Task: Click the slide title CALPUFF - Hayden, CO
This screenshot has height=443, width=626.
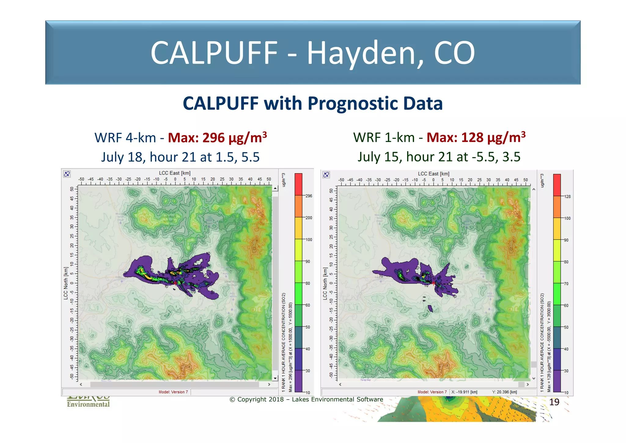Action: pos(313,53)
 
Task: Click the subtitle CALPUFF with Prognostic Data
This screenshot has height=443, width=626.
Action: pos(313,103)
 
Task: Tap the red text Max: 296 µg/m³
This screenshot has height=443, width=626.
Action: pos(217,138)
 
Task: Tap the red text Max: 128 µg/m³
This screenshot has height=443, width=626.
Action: pos(476,138)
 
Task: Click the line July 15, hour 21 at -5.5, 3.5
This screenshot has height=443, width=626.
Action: pos(439,157)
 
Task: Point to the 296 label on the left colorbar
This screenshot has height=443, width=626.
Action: pos(309,196)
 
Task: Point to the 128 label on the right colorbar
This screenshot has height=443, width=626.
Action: pos(567,197)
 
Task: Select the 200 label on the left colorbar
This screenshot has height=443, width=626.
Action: pos(309,218)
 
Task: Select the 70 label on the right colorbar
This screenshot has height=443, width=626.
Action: pos(566,284)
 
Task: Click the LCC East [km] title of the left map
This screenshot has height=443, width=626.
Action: pos(175,173)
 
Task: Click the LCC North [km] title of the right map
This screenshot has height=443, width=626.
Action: pos(325,284)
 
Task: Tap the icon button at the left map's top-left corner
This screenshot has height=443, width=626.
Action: pos(67,174)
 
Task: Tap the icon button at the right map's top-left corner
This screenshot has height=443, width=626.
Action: pos(326,175)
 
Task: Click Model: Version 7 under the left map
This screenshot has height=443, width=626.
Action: pos(173,392)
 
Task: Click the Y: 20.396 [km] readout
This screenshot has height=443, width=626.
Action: pos(504,392)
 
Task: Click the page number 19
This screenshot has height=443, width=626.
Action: pos(554,402)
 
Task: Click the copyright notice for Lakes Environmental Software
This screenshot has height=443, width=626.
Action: pos(306,400)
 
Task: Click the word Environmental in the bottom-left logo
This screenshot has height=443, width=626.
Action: pos(88,404)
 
